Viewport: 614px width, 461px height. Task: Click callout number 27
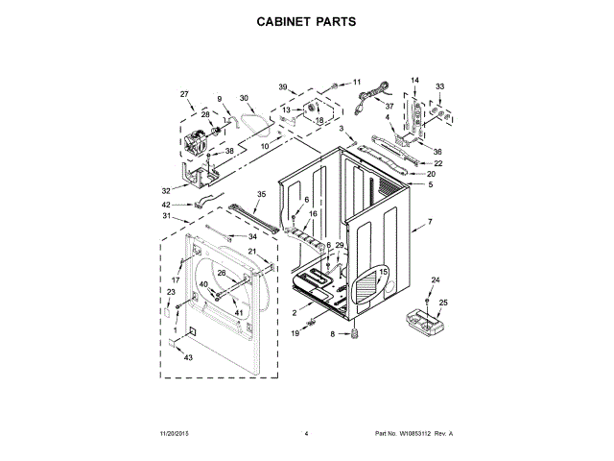tap(184, 93)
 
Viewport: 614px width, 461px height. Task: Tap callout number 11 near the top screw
tap(357, 82)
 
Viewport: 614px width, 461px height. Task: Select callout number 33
tap(440, 86)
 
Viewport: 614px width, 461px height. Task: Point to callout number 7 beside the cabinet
tap(430, 222)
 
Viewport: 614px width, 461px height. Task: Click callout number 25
tap(443, 303)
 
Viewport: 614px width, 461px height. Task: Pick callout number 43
tap(189, 357)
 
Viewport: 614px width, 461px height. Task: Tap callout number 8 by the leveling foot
tap(333, 333)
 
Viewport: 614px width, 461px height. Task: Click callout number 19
tap(295, 333)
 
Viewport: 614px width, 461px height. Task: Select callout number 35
tap(261, 194)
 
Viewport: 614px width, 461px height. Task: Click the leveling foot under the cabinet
tap(352, 332)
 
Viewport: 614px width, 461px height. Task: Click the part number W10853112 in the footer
tap(413, 434)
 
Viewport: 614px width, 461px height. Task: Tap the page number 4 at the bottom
tap(305, 434)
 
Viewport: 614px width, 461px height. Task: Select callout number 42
tap(166, 205)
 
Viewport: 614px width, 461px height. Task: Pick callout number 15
tap(384, 273)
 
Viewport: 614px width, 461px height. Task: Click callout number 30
tap(244, 98)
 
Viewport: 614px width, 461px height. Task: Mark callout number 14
tap(415, 80)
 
